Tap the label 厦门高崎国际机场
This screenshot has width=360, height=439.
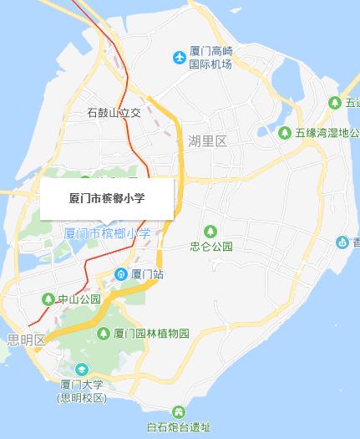pos(210,58)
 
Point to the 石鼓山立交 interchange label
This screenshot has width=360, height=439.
pos(114,113)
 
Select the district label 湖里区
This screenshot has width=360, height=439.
pos(207,140)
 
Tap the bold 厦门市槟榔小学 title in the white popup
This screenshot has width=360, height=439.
pos(107,198)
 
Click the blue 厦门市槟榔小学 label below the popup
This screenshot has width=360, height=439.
pos(108,233)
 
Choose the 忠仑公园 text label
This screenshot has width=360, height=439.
pos(210,247)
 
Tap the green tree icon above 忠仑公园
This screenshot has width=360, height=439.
pos(210,231)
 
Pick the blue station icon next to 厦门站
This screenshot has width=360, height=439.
pos(121,273)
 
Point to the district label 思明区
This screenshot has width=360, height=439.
pos(25,339)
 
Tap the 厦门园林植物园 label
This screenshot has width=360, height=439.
pos(151,334)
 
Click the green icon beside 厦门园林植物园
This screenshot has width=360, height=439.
pos(103,334)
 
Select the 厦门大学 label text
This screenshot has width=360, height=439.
pos(82,385)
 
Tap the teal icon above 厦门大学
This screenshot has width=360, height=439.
pos(82,370)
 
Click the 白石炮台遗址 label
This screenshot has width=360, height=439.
pos(180,428)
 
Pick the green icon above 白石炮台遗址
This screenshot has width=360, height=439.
pos(179,412)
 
